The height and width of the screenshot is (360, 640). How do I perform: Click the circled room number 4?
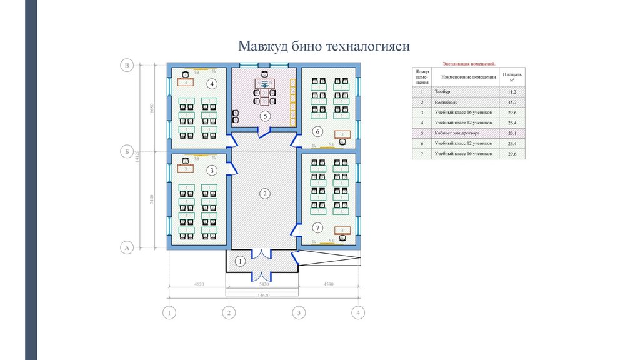212,84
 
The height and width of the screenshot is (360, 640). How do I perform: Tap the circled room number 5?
265,116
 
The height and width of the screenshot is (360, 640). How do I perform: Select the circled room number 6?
317,131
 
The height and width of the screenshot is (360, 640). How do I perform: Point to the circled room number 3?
212,170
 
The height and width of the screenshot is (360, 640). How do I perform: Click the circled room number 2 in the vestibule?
265,194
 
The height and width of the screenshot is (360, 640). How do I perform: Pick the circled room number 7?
317,227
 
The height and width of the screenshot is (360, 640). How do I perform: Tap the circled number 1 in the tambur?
239,261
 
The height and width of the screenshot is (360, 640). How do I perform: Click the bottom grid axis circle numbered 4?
357,312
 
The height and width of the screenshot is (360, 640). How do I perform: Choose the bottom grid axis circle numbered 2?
229,312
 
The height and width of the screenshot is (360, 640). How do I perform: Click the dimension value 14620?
264,295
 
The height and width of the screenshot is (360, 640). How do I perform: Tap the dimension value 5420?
262,284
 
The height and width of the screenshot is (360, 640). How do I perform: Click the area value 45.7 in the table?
512,102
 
